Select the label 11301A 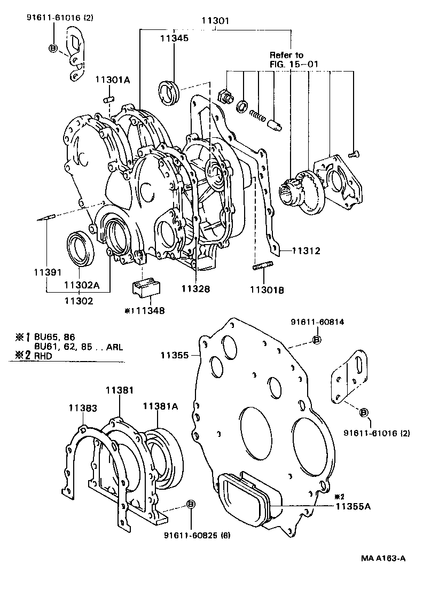[x=113, y=80]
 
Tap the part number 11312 [x=307, y=250]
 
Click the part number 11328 [x=195, y=289]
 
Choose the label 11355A [x=353, y=506]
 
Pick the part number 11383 [x=83, y=408]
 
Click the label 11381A [x=160, y=407]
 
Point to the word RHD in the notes [x=43, y=356]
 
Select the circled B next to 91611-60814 [x=316, y=340]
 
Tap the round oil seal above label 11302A [x=81, y=248]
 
